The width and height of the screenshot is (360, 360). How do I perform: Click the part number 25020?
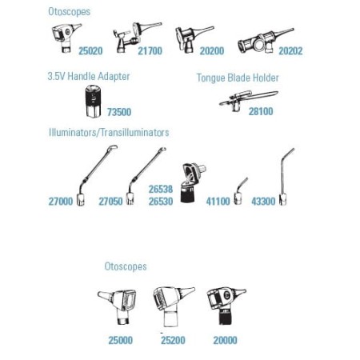(x=90, y=50)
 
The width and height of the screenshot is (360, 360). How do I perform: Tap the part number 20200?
(x=212, y=50)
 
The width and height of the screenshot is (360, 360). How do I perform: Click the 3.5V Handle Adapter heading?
(x=89, y=76)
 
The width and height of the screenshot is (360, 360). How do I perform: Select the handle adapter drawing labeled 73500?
(x=93, y=102)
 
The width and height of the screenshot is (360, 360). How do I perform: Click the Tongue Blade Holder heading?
(x=238, y=78)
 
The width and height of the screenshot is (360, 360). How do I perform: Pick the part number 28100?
(x=261, y=111)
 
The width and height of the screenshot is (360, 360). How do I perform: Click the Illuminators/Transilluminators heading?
(x=109, y=133)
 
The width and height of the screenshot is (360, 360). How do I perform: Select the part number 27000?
(x=61, y=201)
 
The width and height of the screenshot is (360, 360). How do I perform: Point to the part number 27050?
(x=110, y=201)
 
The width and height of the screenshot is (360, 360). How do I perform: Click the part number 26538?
(x=161, y=189)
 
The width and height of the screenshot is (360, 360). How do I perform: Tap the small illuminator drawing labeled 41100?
(x=239, y=193)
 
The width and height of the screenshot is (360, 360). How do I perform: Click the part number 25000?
(x=120, y=340)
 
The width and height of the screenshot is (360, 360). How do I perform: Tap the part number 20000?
(x=225, y=340)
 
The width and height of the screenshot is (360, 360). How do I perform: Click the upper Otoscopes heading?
(x=69, y=12)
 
